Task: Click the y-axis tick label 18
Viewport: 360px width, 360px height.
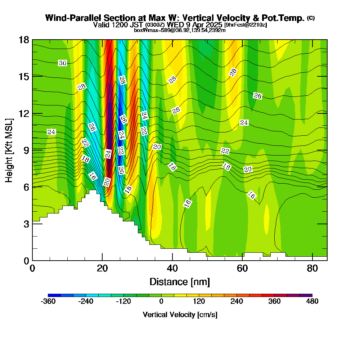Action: point(24,40)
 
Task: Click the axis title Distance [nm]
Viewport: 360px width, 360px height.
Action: point(180,282)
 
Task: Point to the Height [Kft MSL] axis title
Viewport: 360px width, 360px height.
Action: point(9,150)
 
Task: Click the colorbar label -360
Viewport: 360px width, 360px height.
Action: point(48,301)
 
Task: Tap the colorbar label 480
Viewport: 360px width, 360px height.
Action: point(312,301)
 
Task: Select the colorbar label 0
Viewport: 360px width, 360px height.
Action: point(161,301)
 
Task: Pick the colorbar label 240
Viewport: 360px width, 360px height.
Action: point(237,301)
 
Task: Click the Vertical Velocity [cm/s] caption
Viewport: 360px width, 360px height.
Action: point(180,315)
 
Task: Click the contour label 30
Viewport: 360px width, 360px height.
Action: point(62,63)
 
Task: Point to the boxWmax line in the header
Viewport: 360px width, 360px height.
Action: point(180,30)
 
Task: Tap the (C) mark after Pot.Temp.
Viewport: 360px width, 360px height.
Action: point(311,18)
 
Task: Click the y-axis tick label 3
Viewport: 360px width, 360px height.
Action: point(26,224)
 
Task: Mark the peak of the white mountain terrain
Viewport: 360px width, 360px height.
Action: point(93,190)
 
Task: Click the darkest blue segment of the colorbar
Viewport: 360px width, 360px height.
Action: point(54,295)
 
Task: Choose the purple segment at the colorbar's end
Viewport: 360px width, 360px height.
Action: point(306,295)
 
